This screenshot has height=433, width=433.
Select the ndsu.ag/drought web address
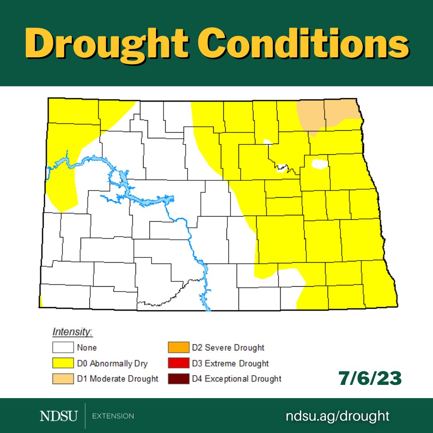click(x=337, y=416)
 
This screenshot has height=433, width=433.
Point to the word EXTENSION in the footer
click(x=113, y=416)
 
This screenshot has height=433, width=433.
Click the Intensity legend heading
click(x=72, y=332)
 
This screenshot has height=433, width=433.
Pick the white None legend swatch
click(x=63, y=348)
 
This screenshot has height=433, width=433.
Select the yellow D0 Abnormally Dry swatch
click(x=63, y=363)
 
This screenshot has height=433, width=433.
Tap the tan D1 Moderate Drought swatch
click(x=63, y=379)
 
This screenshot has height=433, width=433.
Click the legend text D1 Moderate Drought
click(x=117, y=379)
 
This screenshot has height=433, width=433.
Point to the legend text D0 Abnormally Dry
click(x=112, y=364)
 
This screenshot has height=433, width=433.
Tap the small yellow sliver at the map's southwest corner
click(x=41, y=301)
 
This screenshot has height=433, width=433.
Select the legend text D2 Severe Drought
click(x=228, y=348)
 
